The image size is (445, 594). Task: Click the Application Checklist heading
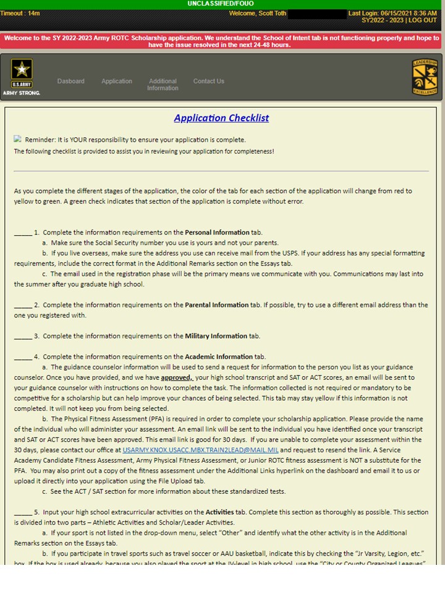[221, 118]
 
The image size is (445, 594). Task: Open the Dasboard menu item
[71, 81]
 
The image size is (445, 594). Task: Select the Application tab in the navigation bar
[117, 81]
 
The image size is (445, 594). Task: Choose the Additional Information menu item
[163, 85]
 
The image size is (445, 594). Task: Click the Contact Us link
[209, 81]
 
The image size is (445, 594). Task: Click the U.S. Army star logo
[22, 73]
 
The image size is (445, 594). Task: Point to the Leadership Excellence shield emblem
[425, 77]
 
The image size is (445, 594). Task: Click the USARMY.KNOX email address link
[201, 450]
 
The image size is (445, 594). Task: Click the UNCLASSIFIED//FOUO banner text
[221, 4]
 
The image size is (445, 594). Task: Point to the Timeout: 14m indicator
[20, 13]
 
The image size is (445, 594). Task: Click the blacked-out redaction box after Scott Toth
[317, 14]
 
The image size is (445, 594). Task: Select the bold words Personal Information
[217, 233]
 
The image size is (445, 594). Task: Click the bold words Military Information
[216, 336]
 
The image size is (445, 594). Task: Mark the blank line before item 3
[23, 336]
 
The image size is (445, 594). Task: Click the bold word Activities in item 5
[219, 512]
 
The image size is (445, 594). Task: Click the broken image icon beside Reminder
[18, 139]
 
